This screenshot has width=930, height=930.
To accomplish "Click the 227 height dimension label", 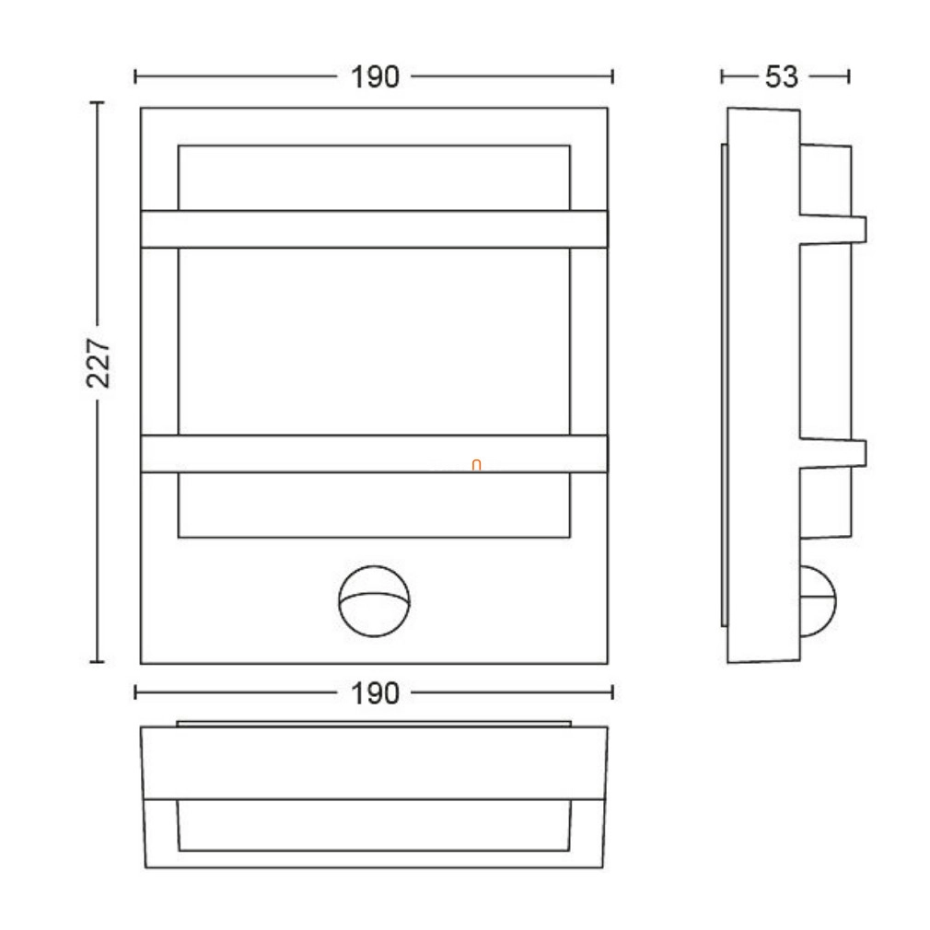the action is [x=99, y=363].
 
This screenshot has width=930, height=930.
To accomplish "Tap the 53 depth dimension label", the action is [x=782, y=77].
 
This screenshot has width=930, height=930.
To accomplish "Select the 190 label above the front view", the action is [x=375, y=77].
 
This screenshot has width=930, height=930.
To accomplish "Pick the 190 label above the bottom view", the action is [x=375, y=693].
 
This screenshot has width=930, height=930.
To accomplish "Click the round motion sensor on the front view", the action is [x=374, y=601].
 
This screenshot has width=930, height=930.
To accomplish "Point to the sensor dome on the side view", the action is [x=819, y=601].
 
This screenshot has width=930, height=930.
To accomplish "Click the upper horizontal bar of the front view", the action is [x=374, y=229].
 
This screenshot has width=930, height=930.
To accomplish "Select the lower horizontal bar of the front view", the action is [x=374, y=454].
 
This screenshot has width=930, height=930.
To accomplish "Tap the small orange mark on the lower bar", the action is [x=476, y=465].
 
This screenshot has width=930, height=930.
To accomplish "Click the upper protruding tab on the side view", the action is [x=833, y=229].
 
